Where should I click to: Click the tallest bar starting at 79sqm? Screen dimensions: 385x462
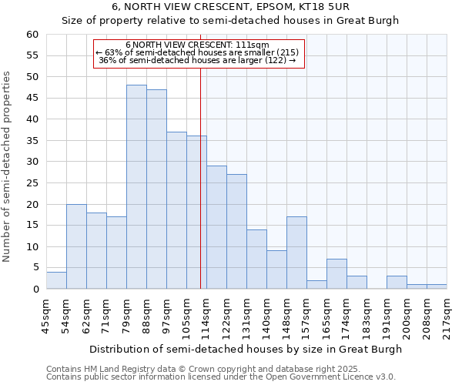[x=136, y=187]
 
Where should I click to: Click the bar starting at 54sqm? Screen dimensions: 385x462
[x=76, y=246]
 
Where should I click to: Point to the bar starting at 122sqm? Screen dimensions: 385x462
[x=236, y=232]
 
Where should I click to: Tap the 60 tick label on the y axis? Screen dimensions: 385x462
[x=32, y=35]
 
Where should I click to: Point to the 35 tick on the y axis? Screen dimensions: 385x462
[x=32, y=141]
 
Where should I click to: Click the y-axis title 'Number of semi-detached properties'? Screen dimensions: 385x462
[x=8, y=166]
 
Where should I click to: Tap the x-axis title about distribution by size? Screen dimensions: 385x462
[x=246, y=349]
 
